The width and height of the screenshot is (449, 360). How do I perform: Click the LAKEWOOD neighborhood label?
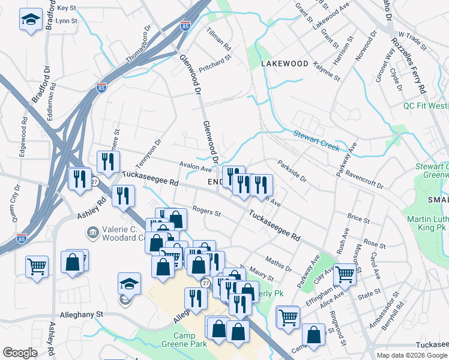[285, 64]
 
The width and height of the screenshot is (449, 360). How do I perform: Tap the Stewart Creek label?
[316, 141]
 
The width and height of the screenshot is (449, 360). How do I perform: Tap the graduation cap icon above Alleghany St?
[128, 284]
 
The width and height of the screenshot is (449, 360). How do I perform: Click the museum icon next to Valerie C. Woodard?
[92, 232]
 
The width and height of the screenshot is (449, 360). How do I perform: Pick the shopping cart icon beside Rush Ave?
[345, 274]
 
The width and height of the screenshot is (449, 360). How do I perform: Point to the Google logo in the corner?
[20, 353]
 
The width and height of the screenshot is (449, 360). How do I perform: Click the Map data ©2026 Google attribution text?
[412, 355]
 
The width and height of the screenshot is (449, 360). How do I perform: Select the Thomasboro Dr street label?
[137, 43]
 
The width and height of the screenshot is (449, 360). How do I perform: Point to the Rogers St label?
[206, 212]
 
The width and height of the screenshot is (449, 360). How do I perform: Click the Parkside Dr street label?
[292, 170]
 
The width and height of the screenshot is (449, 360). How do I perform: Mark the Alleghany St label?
[82, 314]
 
